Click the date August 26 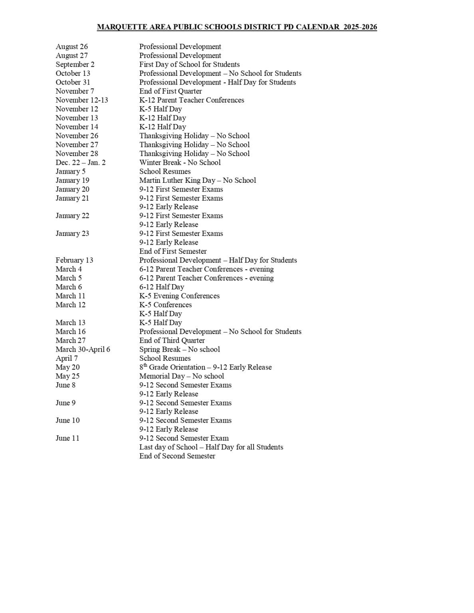[71, 47]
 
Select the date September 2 [75, 64]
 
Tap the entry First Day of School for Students [189, 64]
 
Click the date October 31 [73, 82]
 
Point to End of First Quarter [171, 91]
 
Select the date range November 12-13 [82, 100]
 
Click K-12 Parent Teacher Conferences [192, 100]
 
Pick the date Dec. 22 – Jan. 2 [81, 162]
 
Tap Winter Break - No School [180, 162]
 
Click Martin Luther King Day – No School [198, 180]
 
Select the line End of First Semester [173, 251]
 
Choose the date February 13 [74, 260]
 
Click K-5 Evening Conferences [179, 296]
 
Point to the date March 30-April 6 [83, 349]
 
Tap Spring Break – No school [179, 349]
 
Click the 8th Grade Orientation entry [205, 367]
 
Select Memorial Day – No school [181, 376]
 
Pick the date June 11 [67, 438]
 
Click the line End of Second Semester [177, 456]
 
